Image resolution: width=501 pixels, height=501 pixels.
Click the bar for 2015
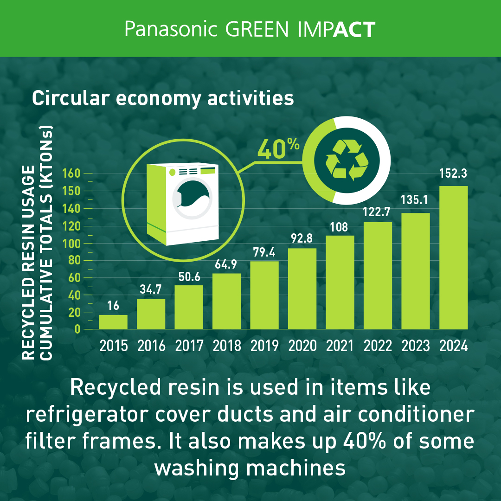[x=113, y=322]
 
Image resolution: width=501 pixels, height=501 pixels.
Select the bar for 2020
[x=302, y=289]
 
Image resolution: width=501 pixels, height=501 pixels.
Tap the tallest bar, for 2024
[x=453, y=257]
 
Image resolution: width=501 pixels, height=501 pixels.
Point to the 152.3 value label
[x=453, y=173]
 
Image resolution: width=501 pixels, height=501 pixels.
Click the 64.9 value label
[x=226, y=264]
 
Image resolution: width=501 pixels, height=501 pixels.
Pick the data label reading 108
[x=339, y=227]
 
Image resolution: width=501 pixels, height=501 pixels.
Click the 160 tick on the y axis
[x=71, y=173]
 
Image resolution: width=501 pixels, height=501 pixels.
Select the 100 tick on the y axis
[x=71, y=244]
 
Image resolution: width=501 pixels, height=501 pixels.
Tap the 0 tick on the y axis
[x=77, y=329]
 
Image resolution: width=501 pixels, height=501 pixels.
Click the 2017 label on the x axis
[x=189, y=346]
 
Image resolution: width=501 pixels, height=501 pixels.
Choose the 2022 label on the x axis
[x=378, y=346]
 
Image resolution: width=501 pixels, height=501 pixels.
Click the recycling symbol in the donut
[x=347, y=160]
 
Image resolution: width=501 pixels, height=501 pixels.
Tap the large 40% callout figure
[x=278, y=149]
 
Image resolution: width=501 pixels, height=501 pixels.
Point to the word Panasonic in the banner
[x=171, y=29]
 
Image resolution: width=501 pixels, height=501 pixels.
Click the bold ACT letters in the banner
[x=354, y=30]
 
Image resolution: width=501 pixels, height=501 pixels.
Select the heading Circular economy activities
[x=163, y=98]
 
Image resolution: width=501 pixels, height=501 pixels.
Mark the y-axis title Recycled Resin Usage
[x=28, y=263]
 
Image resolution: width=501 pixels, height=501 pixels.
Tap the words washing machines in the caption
[x=250, y=468]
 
